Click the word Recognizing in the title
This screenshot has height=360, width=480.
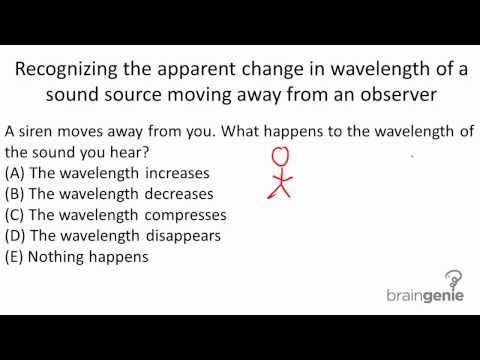(74, 71)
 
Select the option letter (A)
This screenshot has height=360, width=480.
(15, 172)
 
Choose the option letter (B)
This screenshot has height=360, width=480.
(15, 193)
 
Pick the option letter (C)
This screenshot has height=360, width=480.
(15, 215)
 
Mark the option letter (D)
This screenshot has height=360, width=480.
(15, 236)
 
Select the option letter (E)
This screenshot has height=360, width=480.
(15, 257)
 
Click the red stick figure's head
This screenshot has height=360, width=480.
(281, 157)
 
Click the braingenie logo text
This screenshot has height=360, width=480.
(423, 295)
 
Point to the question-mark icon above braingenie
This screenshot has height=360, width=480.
(455, 276)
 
